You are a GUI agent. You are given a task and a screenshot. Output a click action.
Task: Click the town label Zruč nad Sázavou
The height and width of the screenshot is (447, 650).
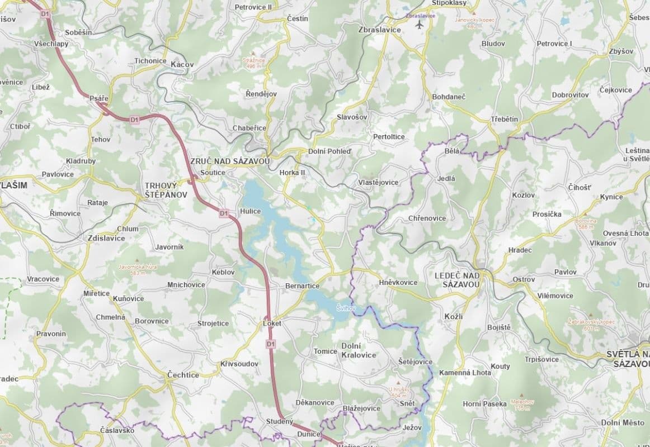click(230, 161)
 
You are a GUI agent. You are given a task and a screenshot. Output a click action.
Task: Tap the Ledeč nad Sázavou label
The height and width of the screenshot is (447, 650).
click(458, 280)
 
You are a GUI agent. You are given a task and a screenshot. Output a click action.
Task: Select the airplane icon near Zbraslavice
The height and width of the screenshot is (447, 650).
click(420, 25)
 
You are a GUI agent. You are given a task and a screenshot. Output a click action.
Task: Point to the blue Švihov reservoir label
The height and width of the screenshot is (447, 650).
click(342, 308)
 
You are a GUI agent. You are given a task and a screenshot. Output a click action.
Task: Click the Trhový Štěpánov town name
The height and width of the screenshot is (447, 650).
click(161, 190)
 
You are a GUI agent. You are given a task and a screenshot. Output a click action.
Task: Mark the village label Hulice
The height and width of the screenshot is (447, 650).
click(250, 212)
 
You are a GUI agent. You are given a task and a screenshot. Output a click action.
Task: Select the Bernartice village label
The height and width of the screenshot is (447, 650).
click(302, 286)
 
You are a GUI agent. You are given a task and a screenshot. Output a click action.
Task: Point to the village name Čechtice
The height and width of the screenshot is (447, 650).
click(183, 375)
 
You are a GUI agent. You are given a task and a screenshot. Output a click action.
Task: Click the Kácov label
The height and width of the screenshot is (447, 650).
click(182, 65)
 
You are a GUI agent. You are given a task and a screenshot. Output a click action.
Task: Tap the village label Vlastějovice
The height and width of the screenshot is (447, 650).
click(378, 183)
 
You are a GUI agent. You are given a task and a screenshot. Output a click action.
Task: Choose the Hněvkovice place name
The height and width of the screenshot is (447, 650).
click(398, 282)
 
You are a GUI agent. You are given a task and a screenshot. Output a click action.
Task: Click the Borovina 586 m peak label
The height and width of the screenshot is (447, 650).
click(586, 223)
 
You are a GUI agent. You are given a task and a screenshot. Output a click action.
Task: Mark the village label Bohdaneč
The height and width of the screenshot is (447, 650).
click(449, 97)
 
